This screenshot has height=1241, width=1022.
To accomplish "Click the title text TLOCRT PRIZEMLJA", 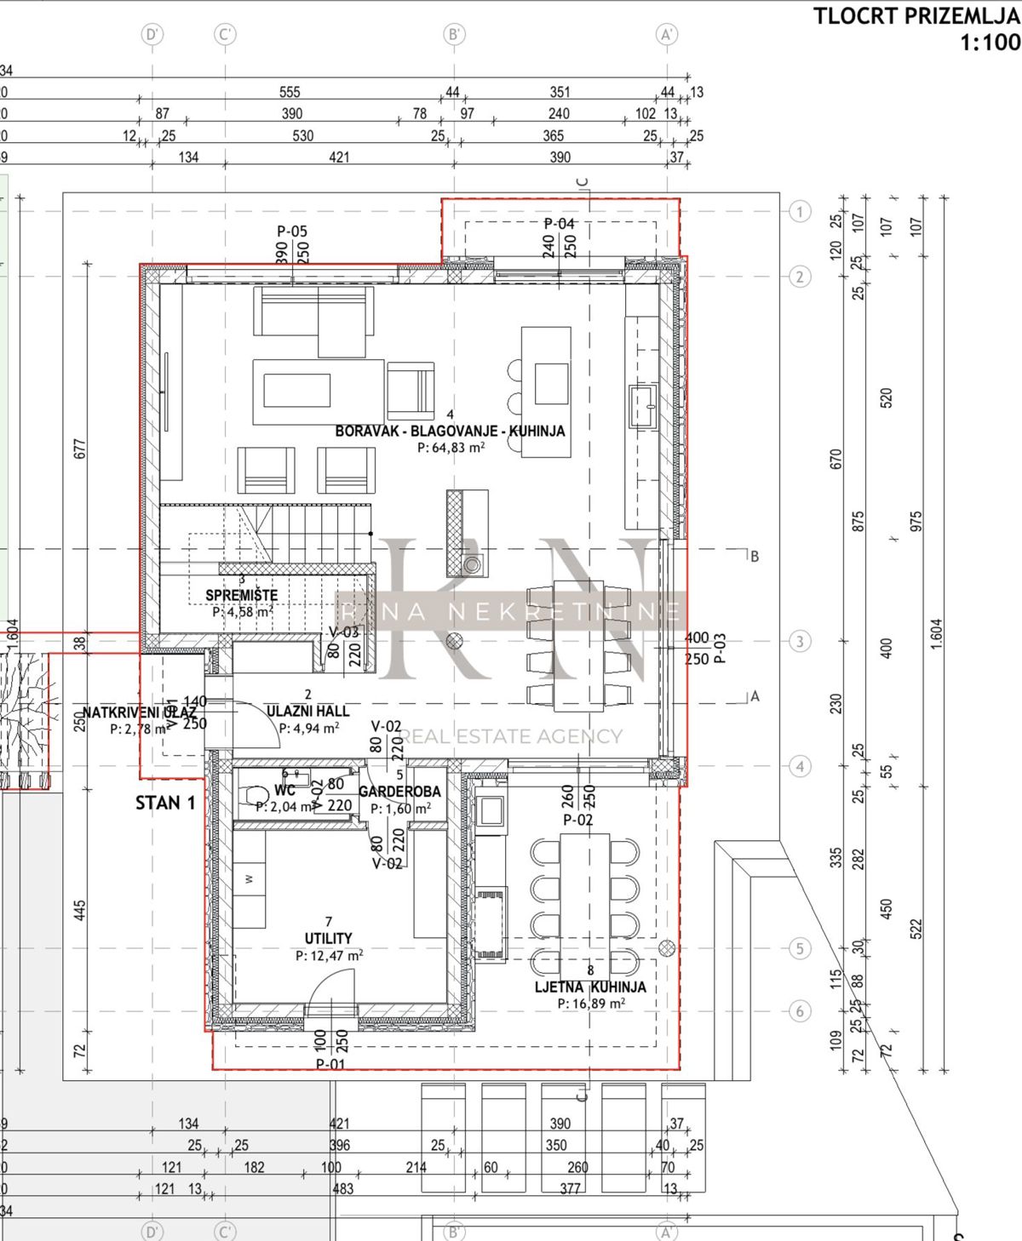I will pyautogui.click(x=916, y=16).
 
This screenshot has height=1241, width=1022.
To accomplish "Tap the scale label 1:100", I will pyautogui.click(x=990, y=42).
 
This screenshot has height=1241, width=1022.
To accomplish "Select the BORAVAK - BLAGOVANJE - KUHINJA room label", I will pyautogui.click(x=450, y=431).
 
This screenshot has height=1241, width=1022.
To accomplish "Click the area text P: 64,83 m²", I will pyautogui.click(x=451, y=448).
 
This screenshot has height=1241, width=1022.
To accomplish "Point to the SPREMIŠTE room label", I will pyautogui.click(x=242, y=595).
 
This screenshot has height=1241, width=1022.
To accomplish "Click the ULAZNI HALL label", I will pyautogui.click(x=307, y=711).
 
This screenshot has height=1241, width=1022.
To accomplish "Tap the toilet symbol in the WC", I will pyautogui.click(x=255, y=795).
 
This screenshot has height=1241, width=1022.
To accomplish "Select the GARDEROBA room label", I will pyautogui.click(x=399, y=792).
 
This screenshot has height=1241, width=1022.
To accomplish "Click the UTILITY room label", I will pyautogui.click(x=329, y=938).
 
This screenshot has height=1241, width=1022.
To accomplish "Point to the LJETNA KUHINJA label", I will pyautogui.click(x=590, y=987).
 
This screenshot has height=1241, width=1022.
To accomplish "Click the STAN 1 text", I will pyautogui.click(x=165, y=803).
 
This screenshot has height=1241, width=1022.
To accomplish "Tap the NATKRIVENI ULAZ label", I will pyautogui.click(x=139, y=712).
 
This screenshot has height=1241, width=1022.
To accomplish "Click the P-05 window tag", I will pyautogui.click(x=292, y=231).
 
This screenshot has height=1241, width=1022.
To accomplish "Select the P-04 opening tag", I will pyautogui.click(x=560, y=223).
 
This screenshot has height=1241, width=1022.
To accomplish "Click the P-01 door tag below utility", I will pyautogui.click(x=330, y=1064).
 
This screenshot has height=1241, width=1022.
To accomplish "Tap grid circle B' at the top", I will pyautogui.click(x=454, y=34).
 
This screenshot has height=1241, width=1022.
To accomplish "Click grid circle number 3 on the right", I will pyautogui.click(x=799, y=641).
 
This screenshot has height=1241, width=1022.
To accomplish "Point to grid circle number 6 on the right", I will pyautogui.click(x=799, y=1011).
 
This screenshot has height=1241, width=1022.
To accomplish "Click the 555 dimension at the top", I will pyautogui.click(x=290, y=92).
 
